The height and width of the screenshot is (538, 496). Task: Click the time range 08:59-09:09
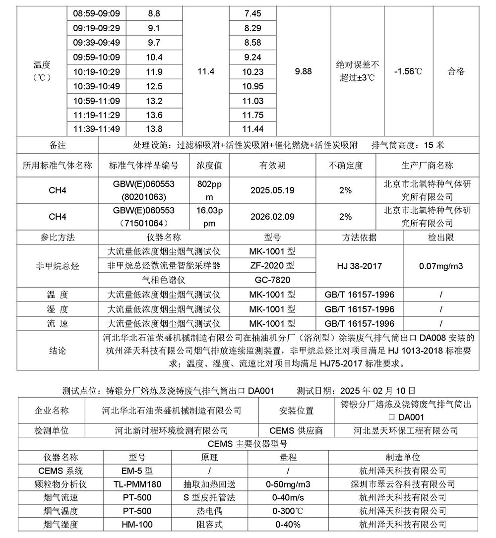tap(96, 13)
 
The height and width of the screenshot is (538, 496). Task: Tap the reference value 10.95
tap(253, 86)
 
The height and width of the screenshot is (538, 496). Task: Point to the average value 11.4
tap(206, 71)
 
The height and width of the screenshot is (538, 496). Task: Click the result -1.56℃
tap(408, 71)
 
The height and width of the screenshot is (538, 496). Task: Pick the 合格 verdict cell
tap(456, 71)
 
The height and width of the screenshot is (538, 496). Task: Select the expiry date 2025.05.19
tap(272, 190)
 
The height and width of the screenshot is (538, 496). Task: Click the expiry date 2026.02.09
tap(272, 217)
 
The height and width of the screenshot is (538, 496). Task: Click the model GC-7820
tap(272, 280)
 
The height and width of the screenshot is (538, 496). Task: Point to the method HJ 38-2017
tap(360, 266)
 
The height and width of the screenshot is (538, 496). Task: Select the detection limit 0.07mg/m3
tap(441, 266)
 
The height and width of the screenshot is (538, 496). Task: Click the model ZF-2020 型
tap(272, 266)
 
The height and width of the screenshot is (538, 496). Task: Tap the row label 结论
tap(58, 351)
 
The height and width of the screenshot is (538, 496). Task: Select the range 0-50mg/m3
tap(288, 484)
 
